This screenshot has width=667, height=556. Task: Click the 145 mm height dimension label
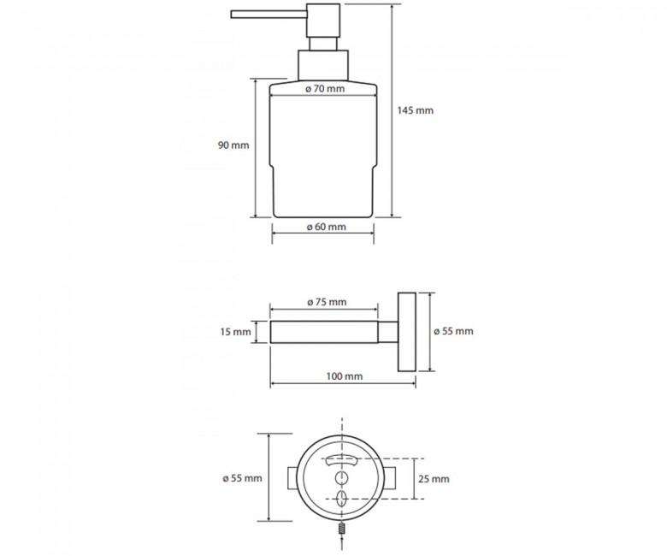point(416,110)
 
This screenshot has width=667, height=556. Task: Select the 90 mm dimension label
point(233,145)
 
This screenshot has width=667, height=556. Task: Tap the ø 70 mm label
point(325,88)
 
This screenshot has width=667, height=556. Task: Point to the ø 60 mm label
point(327,227)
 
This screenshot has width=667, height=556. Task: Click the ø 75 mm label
point(327,302)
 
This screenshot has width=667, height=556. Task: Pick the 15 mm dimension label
point(236,331)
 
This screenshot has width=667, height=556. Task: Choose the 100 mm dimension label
point(345,376)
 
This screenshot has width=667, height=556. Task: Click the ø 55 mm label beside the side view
point(453,331)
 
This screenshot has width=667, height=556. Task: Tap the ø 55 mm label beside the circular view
point(243,478)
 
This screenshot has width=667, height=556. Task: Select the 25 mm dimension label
point(434,479)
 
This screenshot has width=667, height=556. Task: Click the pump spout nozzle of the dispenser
point(269,15)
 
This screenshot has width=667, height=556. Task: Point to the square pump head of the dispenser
point(323,21)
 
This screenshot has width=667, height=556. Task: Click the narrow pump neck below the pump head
point(323,44)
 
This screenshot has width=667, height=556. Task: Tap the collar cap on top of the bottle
point(323,65)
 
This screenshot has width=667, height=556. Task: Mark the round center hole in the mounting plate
point(342,477)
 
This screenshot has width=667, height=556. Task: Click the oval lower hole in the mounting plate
point(342,499)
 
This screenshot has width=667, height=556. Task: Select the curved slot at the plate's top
point(341,460)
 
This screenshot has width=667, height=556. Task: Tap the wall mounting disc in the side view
point(407,332)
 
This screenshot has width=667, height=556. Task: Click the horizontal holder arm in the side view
point(324,332)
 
